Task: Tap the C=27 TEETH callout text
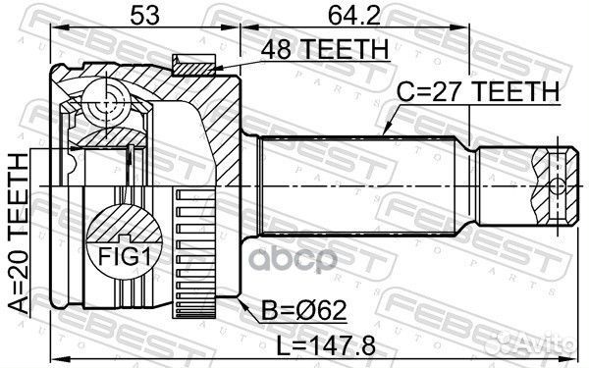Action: [x=477, y=91]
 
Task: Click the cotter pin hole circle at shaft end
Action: [x=557, y=184]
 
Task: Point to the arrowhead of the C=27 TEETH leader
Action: [x=383, y=135]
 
